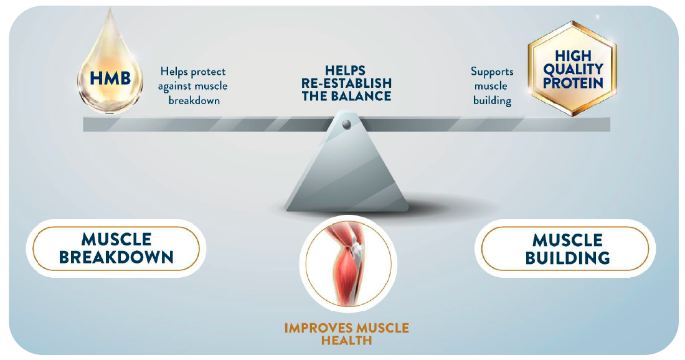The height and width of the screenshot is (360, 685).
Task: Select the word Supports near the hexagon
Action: [x=492, y=72]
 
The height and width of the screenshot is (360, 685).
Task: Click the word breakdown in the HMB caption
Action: [x=194, y=100]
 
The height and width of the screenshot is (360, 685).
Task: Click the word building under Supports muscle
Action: [x=492, y=100]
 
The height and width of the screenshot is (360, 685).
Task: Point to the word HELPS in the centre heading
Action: [x=346, y=70]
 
